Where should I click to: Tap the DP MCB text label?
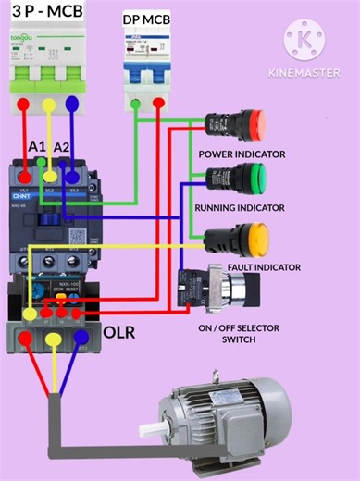146,18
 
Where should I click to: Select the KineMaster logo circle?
305,39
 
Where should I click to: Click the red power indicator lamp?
250,122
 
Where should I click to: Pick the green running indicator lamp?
251,176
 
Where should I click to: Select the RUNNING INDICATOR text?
239,208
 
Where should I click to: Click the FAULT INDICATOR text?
263,267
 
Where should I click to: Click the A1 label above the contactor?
38,147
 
